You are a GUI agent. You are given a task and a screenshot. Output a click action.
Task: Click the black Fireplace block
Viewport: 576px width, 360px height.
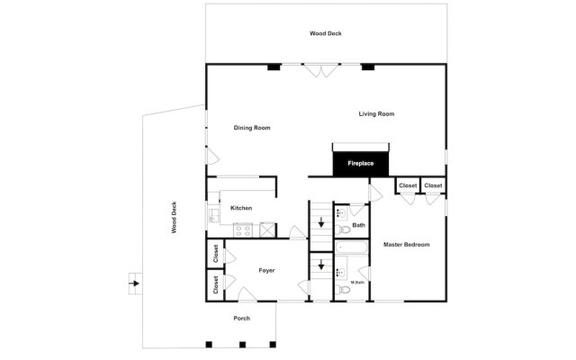click(360, 164)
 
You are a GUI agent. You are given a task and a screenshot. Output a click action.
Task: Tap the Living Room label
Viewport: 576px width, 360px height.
click(376, 113)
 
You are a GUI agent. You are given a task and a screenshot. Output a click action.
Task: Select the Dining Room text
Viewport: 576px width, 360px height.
click(252, 128)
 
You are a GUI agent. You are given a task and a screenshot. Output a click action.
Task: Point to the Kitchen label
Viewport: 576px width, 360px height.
click(241, 208)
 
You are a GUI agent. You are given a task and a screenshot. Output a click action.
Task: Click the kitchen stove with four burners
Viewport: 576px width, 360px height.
click(243, 230)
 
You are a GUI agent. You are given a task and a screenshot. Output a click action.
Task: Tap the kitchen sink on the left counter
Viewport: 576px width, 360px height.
click(213, 215)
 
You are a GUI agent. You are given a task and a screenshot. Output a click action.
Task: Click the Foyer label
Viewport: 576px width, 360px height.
click(266, 270)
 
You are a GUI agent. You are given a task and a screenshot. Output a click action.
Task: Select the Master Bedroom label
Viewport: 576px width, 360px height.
click(406, 245)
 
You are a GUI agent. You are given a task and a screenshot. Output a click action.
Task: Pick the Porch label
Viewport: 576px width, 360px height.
click(241, 319)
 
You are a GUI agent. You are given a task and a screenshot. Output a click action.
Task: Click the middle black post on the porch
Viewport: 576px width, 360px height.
click(241, 344)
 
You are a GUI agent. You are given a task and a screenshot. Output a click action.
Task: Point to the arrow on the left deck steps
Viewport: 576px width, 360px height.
click(134, 284)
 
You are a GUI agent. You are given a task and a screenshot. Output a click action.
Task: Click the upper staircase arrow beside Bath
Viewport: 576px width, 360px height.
click(321, 221)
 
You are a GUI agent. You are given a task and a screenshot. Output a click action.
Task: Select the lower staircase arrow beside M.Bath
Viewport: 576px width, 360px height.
click(321, 266)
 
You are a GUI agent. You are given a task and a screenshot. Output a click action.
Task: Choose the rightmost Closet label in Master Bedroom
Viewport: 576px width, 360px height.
click(433, 185)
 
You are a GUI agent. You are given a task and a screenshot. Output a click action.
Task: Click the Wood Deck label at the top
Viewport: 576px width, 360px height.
click(326, 33)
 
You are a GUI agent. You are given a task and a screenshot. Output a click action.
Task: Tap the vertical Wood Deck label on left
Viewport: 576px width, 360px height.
click(175, 217)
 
